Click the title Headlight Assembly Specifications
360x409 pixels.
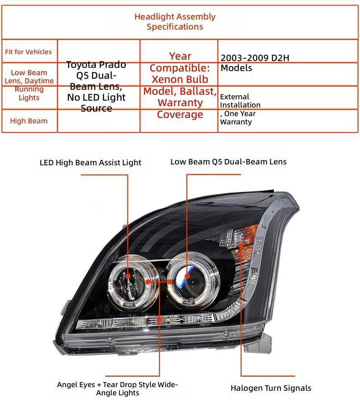tap(175, 21)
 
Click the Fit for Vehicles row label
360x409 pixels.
tap(28, 51)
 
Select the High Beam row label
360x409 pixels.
tap(29, 121)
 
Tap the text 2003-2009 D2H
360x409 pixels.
tap(255, 58)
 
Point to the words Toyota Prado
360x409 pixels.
tap(96, 64)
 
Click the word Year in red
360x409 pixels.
tap(180, 56)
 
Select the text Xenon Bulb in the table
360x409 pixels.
tap(180, 79)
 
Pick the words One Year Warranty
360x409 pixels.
tap(238, 118)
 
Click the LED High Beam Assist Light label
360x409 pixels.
tap(90, 163)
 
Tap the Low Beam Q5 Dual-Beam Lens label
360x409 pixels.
tap(228, 162)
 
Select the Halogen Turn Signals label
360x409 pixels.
tap(271, 388)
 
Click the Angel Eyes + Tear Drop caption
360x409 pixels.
tap(118, 389)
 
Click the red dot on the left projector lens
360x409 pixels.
tap(128, 276)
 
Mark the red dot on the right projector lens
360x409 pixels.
tap(187, 276)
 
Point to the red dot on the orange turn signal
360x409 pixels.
tap(241, 245)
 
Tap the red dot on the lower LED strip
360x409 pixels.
tap(159, 319)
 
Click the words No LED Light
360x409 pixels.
tap(96, 97)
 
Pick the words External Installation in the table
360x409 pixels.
tap(240, 101)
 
